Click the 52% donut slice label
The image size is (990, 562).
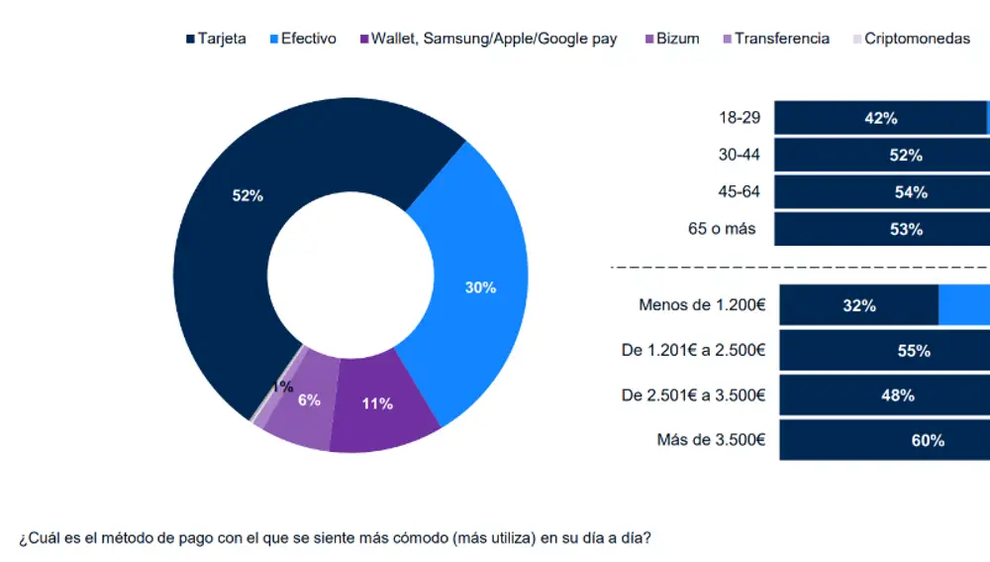[x=247, y=196]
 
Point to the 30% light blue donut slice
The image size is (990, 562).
[x=480, y=287]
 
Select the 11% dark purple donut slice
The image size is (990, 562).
[x=377, y=403]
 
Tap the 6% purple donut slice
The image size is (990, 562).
[x=309, y=399]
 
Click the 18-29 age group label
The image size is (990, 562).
[x=740, y=118]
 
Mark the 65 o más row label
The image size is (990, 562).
[x=722, y=229]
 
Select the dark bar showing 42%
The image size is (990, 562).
[x=880, y=118]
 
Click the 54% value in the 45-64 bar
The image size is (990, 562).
[x=910, y=192]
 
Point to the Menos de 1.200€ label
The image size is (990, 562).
[x=702, y=305]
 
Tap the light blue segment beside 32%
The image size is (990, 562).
[x=963, y=305]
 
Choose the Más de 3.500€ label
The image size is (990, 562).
[x=711, y=440]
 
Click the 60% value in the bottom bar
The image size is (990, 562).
[x=928, y=440]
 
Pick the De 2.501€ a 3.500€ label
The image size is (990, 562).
[x=693, y=394]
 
